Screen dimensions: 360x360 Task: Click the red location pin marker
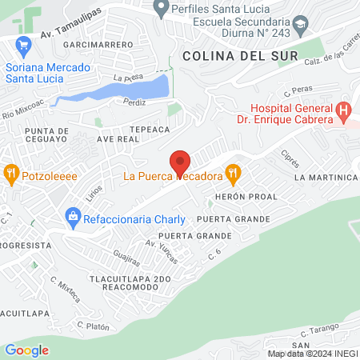point(180,162)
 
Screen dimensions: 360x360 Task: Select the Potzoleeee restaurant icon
point(11,171)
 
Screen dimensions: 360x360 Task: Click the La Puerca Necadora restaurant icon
point(232,171)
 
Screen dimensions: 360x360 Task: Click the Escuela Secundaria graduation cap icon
point(300,24)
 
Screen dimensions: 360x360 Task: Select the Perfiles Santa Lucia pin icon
point(160,9)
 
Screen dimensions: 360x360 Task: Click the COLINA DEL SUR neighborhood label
point(239,56)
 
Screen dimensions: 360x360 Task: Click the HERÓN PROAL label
point(246,196)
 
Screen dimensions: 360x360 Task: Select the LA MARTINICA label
point(324,176)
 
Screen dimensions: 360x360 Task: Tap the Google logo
point(27,350)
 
